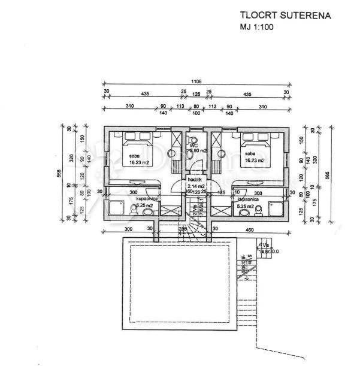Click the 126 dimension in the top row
(196, 94)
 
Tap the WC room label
(193, 146)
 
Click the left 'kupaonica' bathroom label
(147, 199)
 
